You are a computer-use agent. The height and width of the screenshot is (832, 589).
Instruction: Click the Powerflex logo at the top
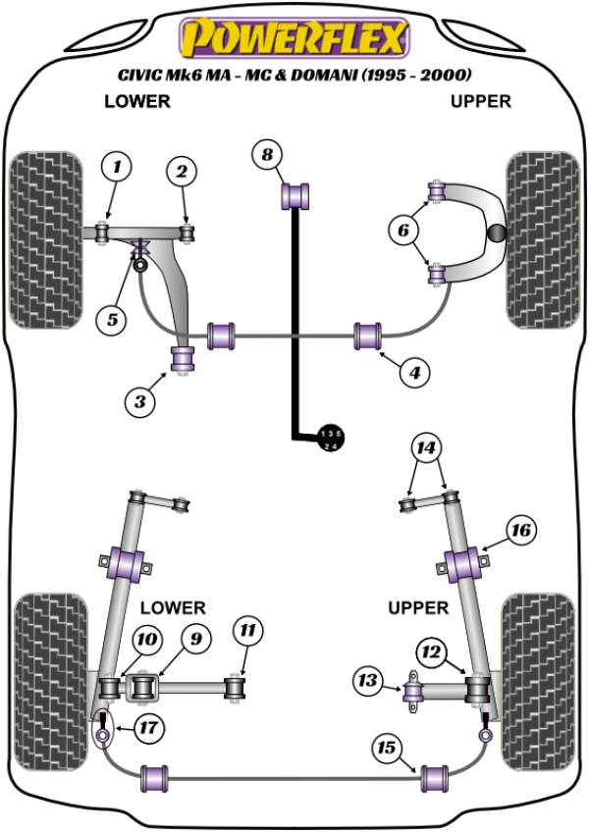coord(292,38)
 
